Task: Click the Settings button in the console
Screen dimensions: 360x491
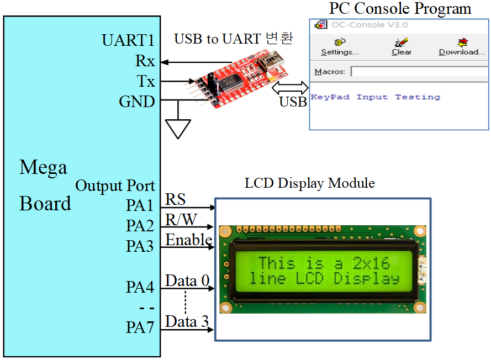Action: pyautogui.click(x=340, y=47)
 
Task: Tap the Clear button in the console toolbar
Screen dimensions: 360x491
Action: pyautogui.click(x=402, y=47)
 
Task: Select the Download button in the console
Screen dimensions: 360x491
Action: pyautogui.click(x=462, y=47)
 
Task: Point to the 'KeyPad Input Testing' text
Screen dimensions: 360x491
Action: pyautogui.click(x=376, y=97)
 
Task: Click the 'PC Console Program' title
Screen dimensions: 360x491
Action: pyautogui.click(x=400, y=9)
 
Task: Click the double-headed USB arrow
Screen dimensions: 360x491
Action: pyautogui.click(x=290, y=87)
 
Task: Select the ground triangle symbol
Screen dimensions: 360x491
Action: pyautogui.click(x=178, y=128)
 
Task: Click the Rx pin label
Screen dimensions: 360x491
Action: pyautogui.click(x=145, y=61)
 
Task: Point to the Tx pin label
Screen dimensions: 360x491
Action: pyautogui.click(x=146, y=81)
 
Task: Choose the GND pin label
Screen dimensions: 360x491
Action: pyautogui.click(x=137, y=102)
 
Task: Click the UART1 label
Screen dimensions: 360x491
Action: pyautogui.click(x=128, y=40)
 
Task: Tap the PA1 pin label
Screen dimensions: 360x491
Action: pyautogui.click(x=139, y=206)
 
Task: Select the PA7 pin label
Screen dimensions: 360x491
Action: pyautogui.click(x=139, y=327)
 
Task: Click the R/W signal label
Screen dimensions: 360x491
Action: pyautogui.click(x=181, y=220)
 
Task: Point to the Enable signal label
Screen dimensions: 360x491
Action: pyautogui.click(x=189, y=240)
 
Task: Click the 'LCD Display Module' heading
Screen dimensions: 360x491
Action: pyautogui.click(x=310, y=183)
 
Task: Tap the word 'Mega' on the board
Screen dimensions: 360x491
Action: pyautogui.click(x=43, y=167)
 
